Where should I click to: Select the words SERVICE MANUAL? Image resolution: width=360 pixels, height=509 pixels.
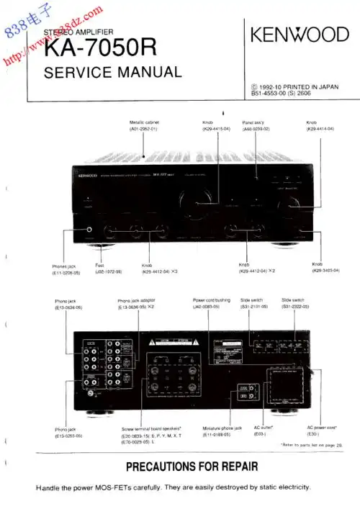112,72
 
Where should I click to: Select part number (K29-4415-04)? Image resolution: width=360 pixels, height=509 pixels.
216,129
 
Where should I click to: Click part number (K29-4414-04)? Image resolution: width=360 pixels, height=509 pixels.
320,129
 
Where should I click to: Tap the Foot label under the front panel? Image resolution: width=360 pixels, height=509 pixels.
100,265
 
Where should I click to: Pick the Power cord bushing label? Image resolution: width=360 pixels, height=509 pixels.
211,300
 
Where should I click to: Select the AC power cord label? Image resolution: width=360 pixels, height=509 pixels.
322,428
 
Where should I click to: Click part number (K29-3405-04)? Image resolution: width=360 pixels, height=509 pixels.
325,271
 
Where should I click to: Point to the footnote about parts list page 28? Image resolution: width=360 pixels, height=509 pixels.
312,446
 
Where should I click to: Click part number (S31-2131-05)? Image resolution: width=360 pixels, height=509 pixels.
253,307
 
